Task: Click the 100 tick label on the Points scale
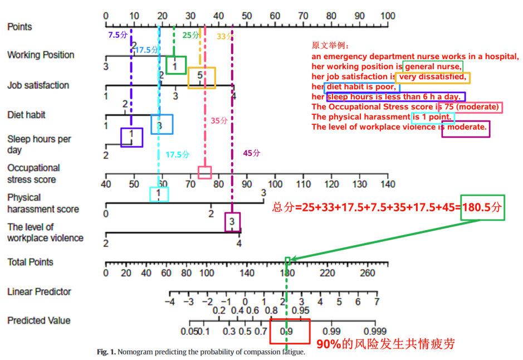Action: (388, 16)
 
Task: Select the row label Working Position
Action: (41, 55)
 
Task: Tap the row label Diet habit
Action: (26, 115)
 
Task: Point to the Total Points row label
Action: (31, 262)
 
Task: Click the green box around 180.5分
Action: (482, 207)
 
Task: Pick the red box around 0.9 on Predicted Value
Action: (290, 330)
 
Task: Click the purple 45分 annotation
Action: (251, 153)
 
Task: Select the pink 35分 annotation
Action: (219, 120)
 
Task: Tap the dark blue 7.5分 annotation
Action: (118, 35)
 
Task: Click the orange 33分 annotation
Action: (224, 36)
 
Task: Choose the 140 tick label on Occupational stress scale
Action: (387, 184)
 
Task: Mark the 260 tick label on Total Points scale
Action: (368, 273)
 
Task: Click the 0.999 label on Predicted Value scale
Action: (374, 332)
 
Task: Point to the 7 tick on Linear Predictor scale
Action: (377, 301)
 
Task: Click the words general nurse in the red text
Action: (433, 66)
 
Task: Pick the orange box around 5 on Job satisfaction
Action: (202, 77)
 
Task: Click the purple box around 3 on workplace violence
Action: (233, 222)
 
